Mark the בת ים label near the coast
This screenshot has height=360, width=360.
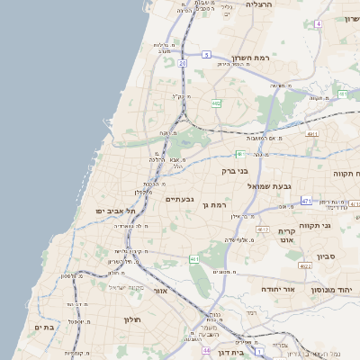point(42,327)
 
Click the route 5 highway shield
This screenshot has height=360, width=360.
point(206,55)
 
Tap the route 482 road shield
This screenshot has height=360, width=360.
point(216,103)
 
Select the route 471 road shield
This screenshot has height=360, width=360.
point(306,201)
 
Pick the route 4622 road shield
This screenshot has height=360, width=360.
point(305,265)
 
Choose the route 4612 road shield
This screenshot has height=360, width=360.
point(263,229)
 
